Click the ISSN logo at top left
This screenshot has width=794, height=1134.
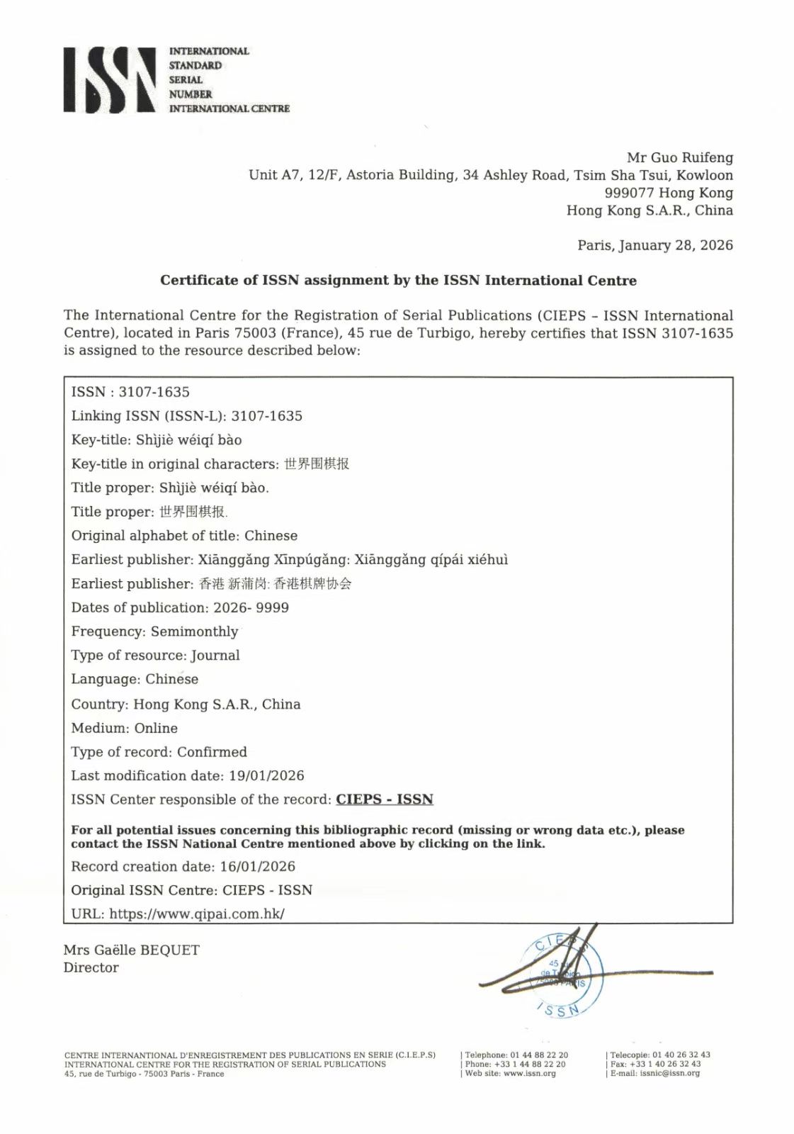pyautogui.click(x=110, y=79)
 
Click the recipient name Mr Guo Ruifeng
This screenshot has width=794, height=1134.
pyautogui.click(x=679, y=157)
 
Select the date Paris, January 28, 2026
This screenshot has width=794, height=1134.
pyautogui.click(x=654, y=245)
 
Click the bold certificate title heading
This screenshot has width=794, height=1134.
pyautogui.click(x=398, y=280)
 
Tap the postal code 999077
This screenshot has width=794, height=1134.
pyautogui.click(x=629, y=193)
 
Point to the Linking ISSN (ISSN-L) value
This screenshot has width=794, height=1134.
pyautogui.click(x=266, y=416)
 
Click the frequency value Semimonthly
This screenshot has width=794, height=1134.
pyautogui.click(x=194, y=631)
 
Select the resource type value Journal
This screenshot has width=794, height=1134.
pyautogui.click(x=215, y=656)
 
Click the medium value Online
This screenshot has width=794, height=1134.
pyautogui.click(x=156, y=729)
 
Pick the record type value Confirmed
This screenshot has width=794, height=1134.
pyautogui.click(x=212, y=752)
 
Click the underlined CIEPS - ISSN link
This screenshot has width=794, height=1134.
pyautogui.click(x=384, y=799)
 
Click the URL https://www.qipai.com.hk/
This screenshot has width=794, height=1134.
pyautogui.click(x=197, y=914)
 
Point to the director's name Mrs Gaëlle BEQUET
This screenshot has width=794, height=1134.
pyautogui.click(x=131, y=950)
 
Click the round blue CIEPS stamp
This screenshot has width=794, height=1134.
pyautogui.click(x=564, y=975)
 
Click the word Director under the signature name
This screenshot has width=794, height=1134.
pyautogui.click(x=91, y=968)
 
